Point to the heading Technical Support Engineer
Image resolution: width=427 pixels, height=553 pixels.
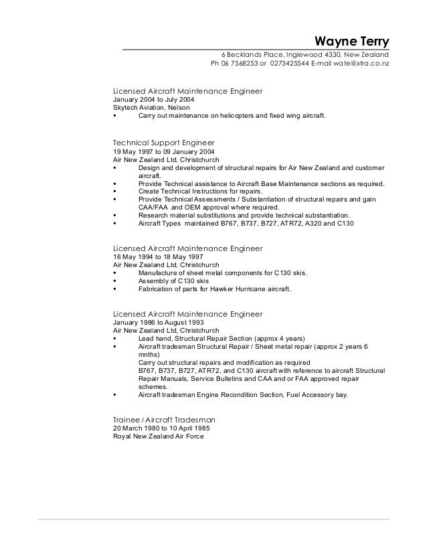[163, 143]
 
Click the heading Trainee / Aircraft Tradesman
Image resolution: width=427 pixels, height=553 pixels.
[163, 419]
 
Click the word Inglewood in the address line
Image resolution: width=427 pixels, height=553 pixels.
[303, 55]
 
